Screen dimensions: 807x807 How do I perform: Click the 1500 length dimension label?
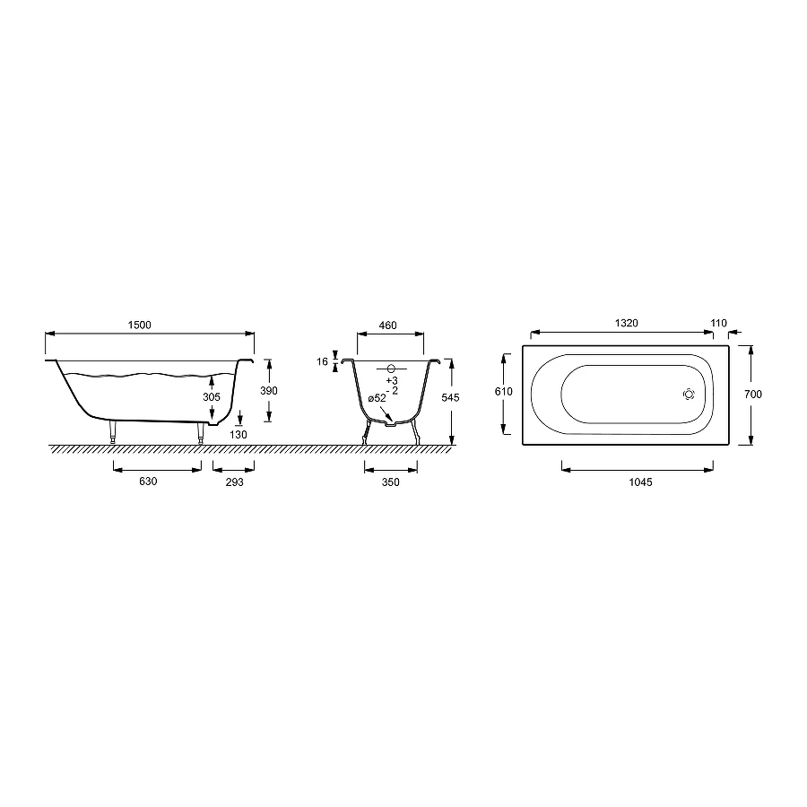click(x=140, y=325)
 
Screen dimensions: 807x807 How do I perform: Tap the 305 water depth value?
click(x=212, y=397)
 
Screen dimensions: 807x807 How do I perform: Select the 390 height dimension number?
click(x=269, y=391)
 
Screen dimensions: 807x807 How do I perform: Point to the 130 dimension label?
click(x=239, y=434)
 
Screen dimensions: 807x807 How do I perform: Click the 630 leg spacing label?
click(x=148, y=482)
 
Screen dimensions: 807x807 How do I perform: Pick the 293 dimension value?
click(x=235, y=482)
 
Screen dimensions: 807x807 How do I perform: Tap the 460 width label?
click(x=388, y=325)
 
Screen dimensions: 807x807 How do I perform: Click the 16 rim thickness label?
click(x=322, y=362)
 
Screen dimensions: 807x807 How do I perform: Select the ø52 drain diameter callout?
click(x=377, y=398)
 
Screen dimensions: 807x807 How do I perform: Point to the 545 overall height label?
click(x=450, y=397)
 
